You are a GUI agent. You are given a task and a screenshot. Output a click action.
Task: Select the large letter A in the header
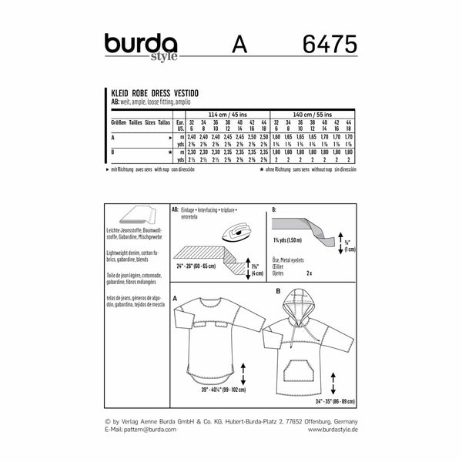coord(236,47)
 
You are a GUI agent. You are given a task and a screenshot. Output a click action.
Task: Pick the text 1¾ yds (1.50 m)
coord(288,263)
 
